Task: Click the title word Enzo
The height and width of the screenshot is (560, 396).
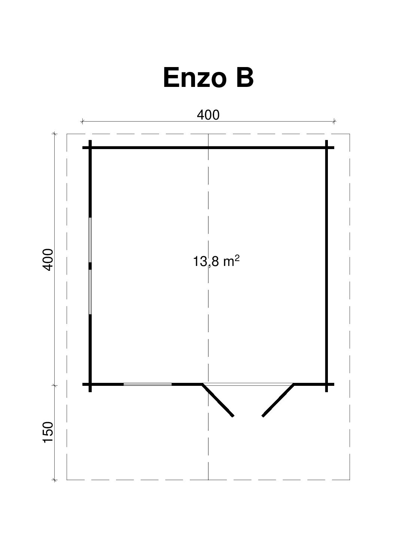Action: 194,78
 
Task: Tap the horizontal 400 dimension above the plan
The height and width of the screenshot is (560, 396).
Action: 208,115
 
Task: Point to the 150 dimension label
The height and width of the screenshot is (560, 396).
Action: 48,432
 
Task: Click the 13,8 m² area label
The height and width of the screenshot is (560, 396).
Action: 216,261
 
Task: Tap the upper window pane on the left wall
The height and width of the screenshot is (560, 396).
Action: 90,240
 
